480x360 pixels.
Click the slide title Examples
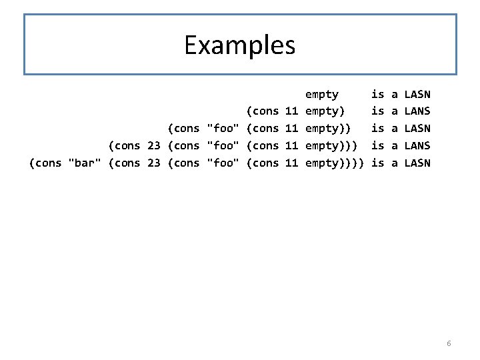(240, 45)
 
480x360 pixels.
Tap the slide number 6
(449, 343)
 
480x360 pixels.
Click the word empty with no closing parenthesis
(322, 94)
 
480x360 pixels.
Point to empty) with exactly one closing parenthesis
(325, 111)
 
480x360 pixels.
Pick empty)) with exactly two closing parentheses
(328, 128)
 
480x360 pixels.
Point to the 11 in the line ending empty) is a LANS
(291, 111)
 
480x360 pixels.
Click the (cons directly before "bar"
(46, 163)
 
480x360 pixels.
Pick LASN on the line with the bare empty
(417, 94)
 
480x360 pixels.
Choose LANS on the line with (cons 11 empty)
(417, 111)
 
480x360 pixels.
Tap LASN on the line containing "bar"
(417, 163)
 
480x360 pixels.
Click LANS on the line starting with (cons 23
(417, 145)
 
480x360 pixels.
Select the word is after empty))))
(378, 163)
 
